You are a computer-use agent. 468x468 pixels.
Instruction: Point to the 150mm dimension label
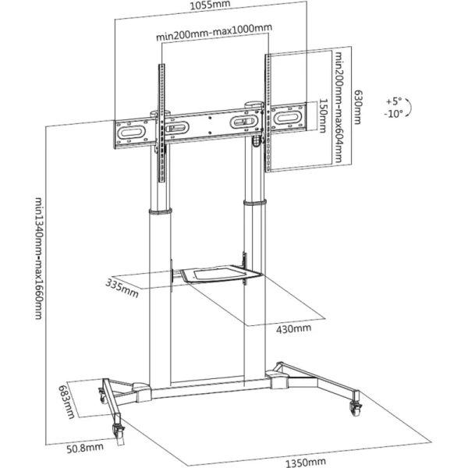[323, 115]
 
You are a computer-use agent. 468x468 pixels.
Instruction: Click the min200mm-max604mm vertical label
[340, 107]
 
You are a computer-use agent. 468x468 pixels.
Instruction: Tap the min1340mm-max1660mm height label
[37, 257]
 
